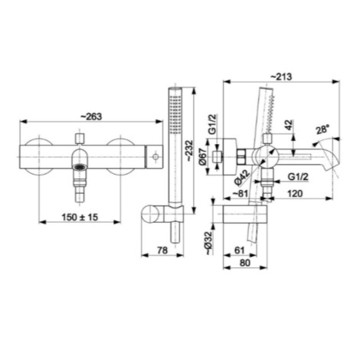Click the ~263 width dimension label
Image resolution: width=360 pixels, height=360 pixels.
[91, 116]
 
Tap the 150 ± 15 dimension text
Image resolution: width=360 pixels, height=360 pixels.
[80, 218]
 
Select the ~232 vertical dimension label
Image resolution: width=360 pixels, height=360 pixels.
[189, 151]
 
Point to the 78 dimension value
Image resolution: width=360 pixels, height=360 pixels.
[162, 250]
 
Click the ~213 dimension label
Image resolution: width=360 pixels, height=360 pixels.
[281, 77]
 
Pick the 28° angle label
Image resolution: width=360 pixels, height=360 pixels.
[322, 129]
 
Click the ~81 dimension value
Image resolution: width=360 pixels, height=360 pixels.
[241, 193]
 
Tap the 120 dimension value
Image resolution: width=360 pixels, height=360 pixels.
[295, 193]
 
